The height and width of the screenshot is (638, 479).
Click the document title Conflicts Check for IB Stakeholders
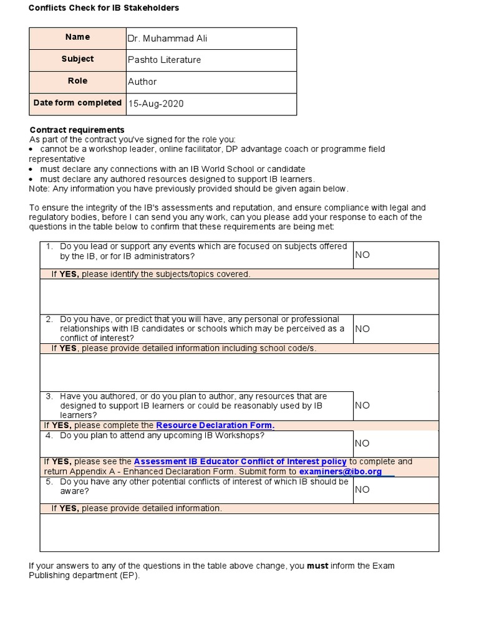pyautogui.click(x=104, y=8)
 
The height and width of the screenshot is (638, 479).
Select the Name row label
pyautogui.click(x=77, y=37)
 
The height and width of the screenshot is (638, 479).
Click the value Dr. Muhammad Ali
pyautogui.click(x=167, y=39)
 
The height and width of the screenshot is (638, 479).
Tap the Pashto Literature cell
pyautogui.click(x=164, y=60)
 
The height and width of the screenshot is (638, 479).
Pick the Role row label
pyautogui.click(x=77, y=81)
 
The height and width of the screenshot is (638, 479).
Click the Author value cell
pyautogui.click(x=142, y=82)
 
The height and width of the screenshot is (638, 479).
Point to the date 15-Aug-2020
pyautogui.click(x=156, y=103)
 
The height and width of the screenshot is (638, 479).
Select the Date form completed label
pyautogui.click(x=77, y=103)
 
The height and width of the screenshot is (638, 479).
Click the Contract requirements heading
pyautogui.click(x=77, y=130)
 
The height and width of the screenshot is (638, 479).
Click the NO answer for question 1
pyautogui.click(x=362, y=255)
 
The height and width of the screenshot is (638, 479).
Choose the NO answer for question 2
pyautogui.click(x=362, y=328)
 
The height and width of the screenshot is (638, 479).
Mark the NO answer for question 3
pyautogui.click(x=362, y=405)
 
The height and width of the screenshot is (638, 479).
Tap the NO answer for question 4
pyautogui.click(x=362, y=444)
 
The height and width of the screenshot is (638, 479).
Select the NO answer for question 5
pyautogui.click(x=362, y=490)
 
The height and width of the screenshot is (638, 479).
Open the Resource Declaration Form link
pyautogui.click(x=215, y=426)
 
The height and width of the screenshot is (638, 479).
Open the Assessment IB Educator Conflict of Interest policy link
pyautogui.click(x=240, y=462)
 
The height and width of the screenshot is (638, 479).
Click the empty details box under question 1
pyautogui.click(x=239, y=297)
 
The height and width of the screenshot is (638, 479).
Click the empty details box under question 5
pyautogui.click(x=239, y=533)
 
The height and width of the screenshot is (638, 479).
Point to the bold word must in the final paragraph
pyautogui.click(x=318, y=566)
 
